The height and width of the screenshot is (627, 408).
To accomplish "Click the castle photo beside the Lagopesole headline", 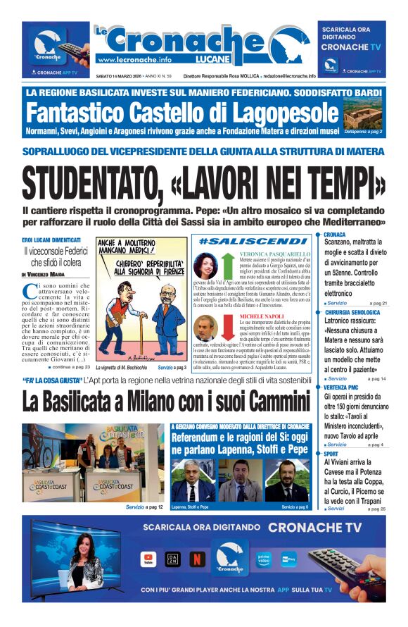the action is pyautogui.click(x=363, y=112).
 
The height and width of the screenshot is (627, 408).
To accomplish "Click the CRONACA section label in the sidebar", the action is pyautogui.click(x=335, y=234).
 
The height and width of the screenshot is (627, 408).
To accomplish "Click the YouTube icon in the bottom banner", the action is pyautogui.click(x=148, y=559).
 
